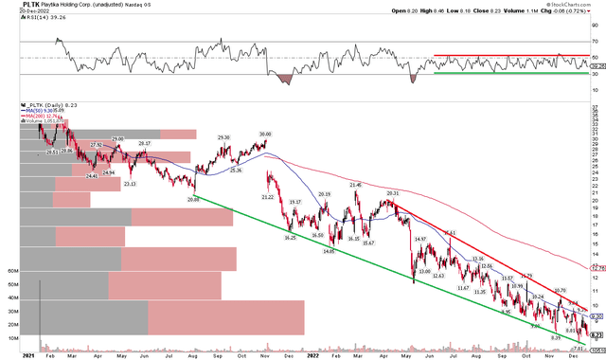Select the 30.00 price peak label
click(264, 135)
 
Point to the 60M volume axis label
click(12, 269)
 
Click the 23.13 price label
click(129, 184)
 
